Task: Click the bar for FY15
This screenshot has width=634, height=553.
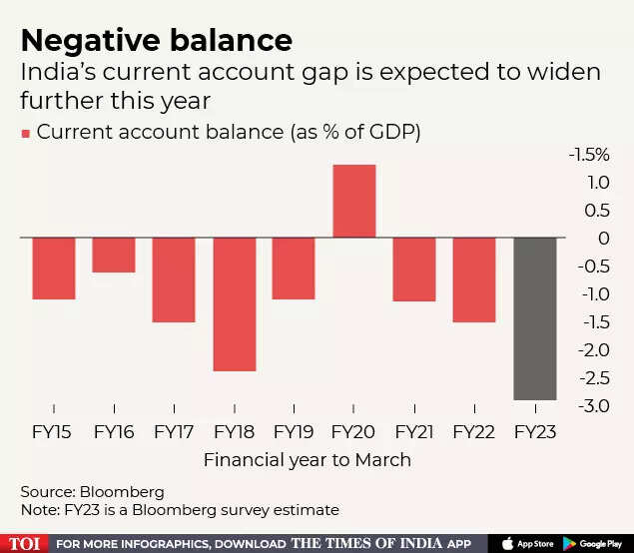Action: tap(54, 269)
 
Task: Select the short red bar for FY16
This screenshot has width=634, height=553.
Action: tap(114, 256)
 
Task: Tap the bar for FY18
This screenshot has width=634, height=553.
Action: tap(234, 304)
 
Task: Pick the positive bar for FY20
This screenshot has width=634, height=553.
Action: tap(353, 202)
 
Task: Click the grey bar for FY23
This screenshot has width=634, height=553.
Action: tap(534, 318)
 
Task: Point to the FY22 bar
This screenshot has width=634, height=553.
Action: tap(474, 279)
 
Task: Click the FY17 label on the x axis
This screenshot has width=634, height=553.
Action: tap(174, 432)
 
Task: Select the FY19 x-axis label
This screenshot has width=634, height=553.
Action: tap(294, 432)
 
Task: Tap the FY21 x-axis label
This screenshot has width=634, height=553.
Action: tap(414, 432)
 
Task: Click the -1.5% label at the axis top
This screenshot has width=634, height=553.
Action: tap(588, 155)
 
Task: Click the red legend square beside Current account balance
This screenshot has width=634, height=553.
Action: tap(25, 133)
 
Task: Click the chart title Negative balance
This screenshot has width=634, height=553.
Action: tap(157, 41)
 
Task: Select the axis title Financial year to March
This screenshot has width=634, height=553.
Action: tap(307, 460)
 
